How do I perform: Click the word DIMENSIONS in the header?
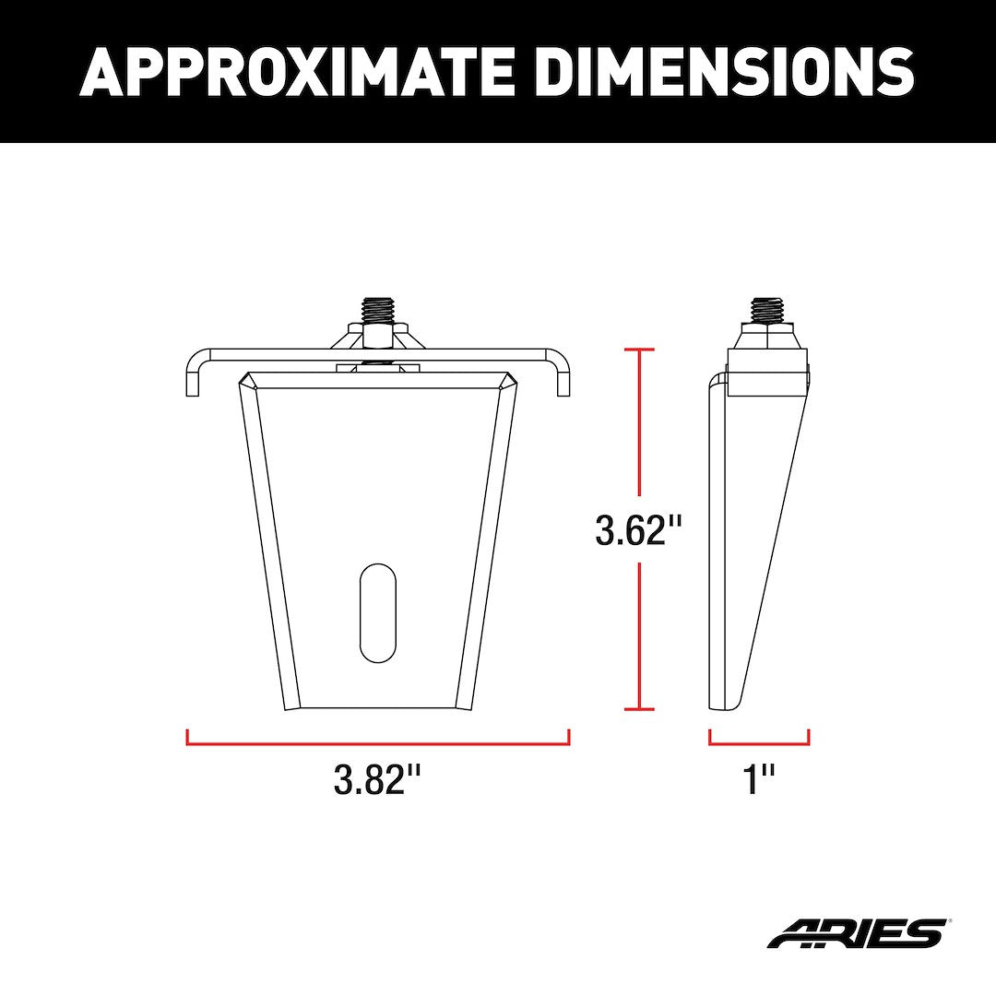click(725, 71)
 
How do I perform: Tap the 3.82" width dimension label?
click(377, 780)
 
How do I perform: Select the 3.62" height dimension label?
click(639, 530)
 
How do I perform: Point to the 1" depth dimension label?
click(759, 780)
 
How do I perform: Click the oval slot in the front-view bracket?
click(377, 611)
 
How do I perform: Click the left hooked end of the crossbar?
click(193, 373)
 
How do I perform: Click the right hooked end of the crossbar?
click(563, 373)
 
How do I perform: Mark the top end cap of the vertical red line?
click(639, 350)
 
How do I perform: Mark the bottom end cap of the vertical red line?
click(639, 709)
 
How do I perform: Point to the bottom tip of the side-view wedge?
click(724, 706)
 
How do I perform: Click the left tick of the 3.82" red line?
click(187, 738)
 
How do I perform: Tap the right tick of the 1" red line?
click(809, 738)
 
